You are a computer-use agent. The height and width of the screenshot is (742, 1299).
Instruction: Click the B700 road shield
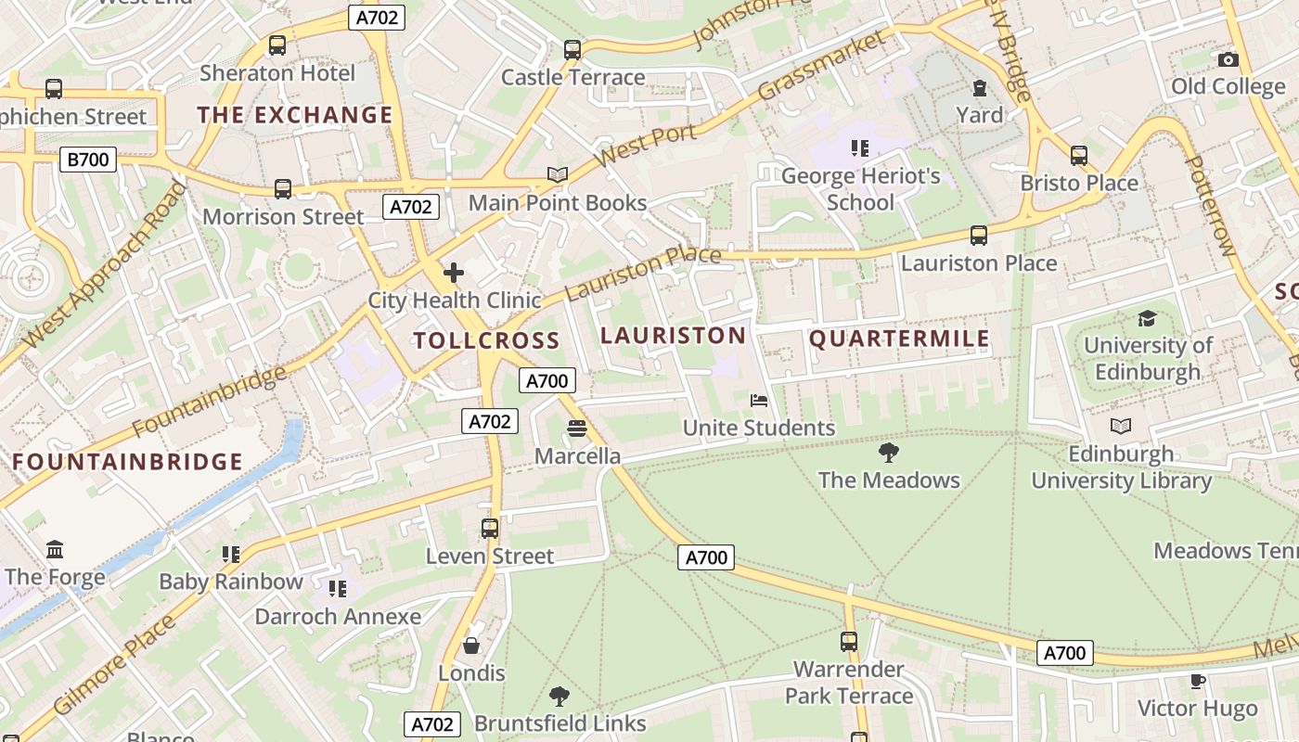[x=88, y=160]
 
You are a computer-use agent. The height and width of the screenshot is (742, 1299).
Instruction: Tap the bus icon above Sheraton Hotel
[x=277, y=45]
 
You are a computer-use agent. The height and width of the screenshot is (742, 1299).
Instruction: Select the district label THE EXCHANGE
[x=295, y=115]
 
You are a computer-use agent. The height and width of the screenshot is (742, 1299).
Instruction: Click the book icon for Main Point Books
[x=557, y=174]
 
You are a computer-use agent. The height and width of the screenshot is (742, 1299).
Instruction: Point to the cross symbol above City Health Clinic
[x=454, y=273]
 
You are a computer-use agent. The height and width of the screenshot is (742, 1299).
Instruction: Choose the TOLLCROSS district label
[x=486, y=340]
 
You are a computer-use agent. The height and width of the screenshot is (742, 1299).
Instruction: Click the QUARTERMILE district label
[x=899, y=339]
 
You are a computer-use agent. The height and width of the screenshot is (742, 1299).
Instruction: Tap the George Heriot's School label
[x=860, y=189]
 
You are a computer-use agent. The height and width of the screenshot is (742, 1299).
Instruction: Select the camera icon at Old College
[x=1228, y=59]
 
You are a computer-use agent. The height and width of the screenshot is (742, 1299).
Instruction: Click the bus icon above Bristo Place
[x=1078, y=155]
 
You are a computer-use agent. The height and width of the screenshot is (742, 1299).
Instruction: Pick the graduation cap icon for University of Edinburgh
[x=1147, y=318]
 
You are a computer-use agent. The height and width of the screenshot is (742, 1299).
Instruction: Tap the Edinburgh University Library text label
[x=1121, y=467]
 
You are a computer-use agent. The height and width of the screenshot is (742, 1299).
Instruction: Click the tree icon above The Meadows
[x=888, y=453]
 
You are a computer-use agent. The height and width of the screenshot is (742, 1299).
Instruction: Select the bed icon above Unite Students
[x=758, y=401]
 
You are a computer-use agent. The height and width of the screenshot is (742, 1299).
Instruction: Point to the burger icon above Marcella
[x=577, y=429]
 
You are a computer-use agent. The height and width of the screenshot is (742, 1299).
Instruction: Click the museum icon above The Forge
[x=55, y=549]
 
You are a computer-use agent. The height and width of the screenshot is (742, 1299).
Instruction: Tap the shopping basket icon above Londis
[x=471, y=645]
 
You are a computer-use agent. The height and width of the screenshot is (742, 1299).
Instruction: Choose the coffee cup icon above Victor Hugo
[x=1197, y=682]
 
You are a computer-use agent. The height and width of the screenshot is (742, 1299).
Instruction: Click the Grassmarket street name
[x=820, y=67]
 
